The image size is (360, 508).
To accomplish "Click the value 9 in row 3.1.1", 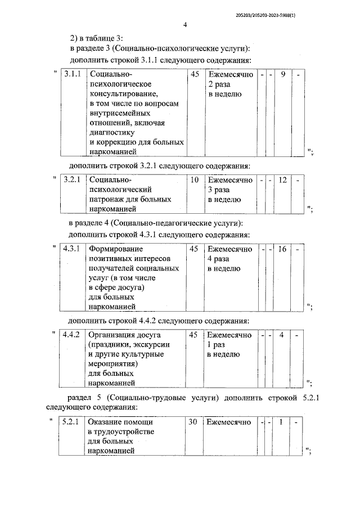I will coord(282,74).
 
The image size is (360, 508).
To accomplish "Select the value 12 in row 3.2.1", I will coord(282,180).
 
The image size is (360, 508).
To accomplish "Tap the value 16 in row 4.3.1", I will coord(282,249).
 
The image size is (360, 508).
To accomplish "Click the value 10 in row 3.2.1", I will coord(195,180).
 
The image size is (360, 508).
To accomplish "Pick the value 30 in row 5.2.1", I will coord(192,421).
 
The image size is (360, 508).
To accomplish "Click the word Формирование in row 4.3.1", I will coord(116,249).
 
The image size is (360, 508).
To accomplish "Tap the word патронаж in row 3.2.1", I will coord(105,200).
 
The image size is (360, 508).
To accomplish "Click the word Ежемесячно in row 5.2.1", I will coord(229,421).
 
